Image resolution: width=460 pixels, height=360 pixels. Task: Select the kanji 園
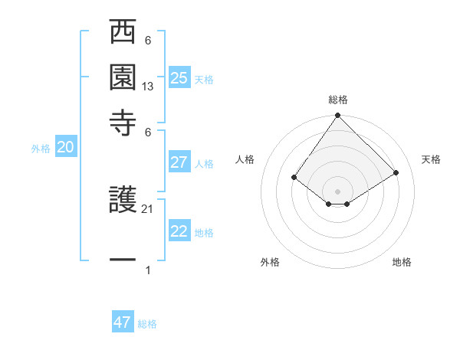click(123, 77)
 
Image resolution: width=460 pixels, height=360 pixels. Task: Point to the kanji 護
click(123, 201)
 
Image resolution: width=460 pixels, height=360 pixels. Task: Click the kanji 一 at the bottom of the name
click(123, 261)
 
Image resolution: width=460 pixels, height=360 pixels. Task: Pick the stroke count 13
click(148, 87)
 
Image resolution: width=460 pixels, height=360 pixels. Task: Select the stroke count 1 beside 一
click(148, 270)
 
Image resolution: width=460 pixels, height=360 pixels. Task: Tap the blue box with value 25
click(179, 78)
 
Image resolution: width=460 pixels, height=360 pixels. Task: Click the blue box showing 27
click(179, 162)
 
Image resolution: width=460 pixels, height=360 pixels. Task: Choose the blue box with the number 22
click(179, 232)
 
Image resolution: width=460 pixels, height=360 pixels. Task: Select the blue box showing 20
click(65, 148)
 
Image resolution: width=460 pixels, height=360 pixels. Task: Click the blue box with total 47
click(123, 322)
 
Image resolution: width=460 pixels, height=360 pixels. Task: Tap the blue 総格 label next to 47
click(147, 324)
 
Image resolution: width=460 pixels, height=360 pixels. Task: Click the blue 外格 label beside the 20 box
click(41, 149)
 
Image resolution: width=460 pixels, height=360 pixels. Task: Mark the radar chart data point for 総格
click(337, 116)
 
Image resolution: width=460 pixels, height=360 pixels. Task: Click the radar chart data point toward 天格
click(396, 172)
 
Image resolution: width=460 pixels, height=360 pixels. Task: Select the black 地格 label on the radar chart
click(402, 262)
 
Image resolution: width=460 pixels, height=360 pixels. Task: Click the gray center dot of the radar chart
click(337, 191)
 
